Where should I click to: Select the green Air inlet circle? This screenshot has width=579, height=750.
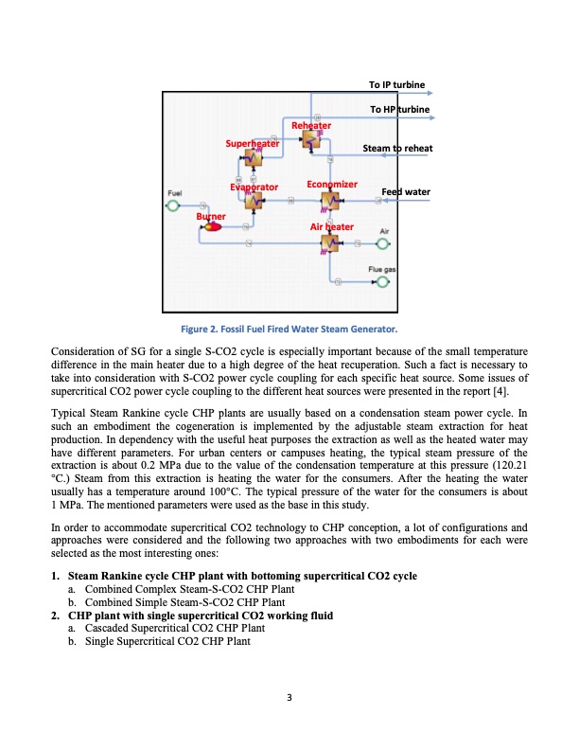click(383, 244)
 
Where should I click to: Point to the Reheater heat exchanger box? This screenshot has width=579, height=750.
click(308, 140)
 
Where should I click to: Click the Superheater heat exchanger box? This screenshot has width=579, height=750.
click(254, 158)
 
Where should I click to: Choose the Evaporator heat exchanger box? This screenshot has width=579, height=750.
click(254, 201)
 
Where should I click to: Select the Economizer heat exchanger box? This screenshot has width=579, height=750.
click(329, 201)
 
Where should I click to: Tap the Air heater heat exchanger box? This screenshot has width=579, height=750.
click(329, 244)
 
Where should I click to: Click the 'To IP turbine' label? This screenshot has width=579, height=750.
click(396, 85)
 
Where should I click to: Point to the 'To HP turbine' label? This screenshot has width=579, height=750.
click(399, 111)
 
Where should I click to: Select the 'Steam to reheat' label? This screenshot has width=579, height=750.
click(398, 149)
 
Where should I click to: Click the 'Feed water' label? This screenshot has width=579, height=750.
click(405, 192)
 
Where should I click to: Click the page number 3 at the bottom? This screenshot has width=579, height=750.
click(289, 699)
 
